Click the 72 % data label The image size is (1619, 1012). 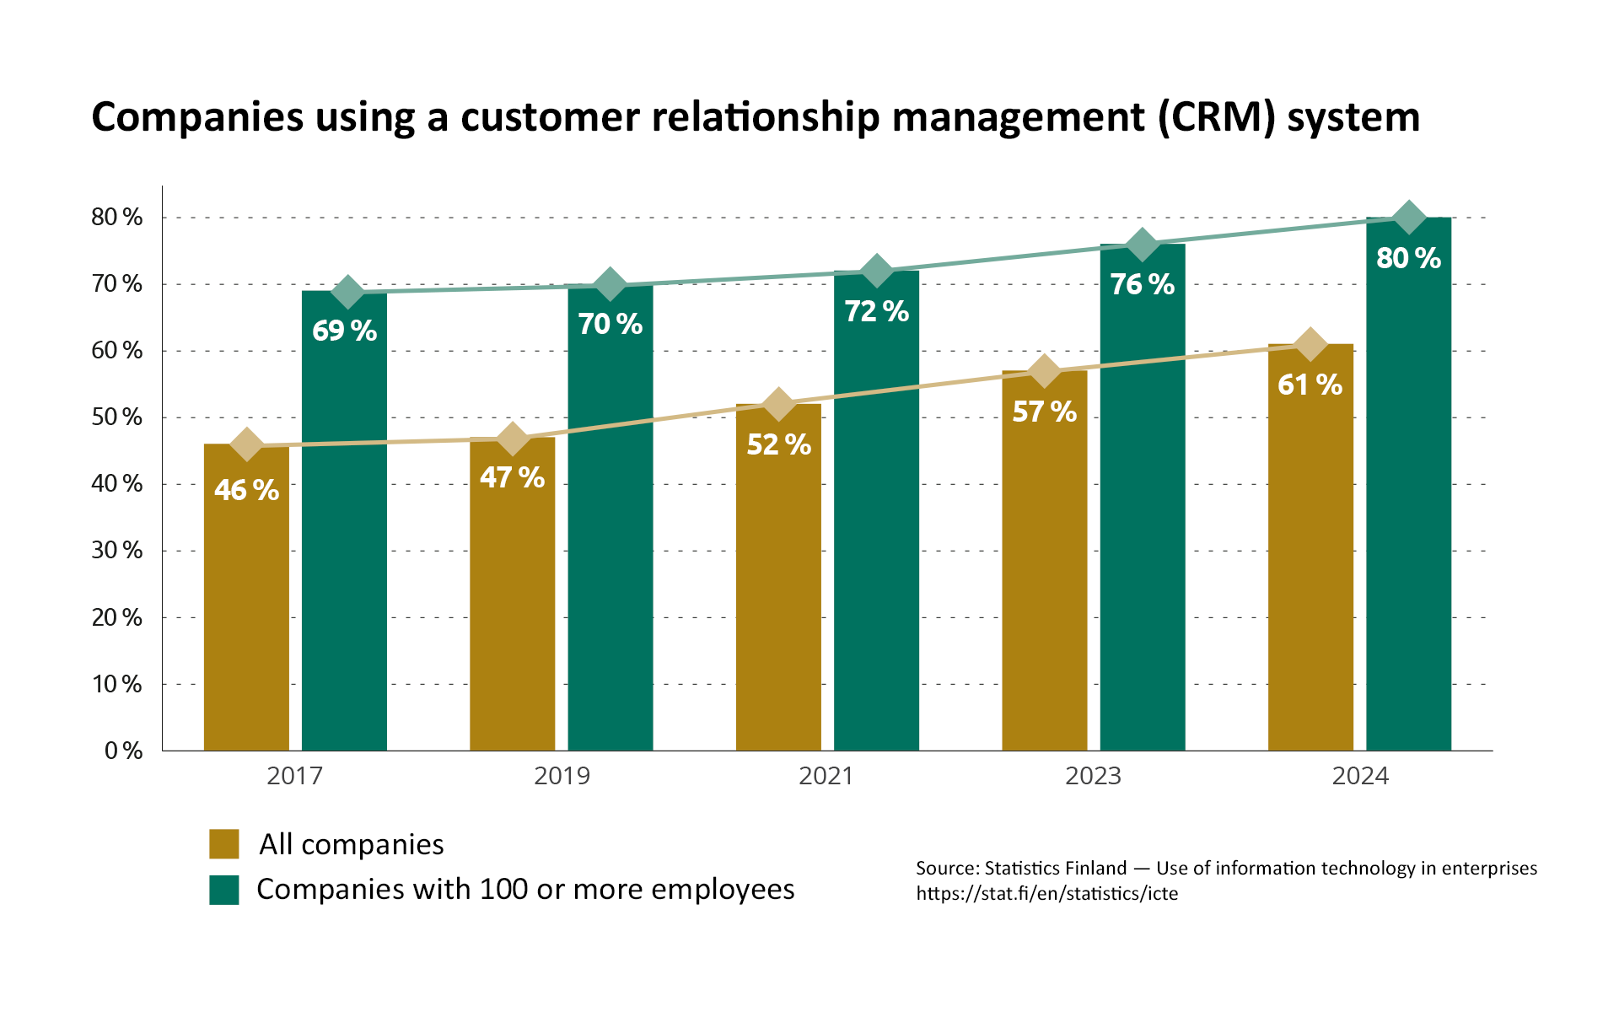click(877, 311)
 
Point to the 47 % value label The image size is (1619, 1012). click(512, 478)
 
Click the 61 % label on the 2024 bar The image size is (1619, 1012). click(1310, 385)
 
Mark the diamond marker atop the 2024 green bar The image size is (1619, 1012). click(1407, 218)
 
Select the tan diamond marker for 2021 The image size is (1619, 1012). click(777, 405)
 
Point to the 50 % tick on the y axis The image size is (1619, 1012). click(117, 417)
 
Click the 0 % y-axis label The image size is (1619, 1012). click(124, 751)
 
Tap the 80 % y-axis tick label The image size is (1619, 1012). click(117, 218)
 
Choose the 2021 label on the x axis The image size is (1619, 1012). click(826, 776)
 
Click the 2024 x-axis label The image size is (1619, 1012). click(1359, 776)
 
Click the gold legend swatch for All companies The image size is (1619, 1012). click(224, 844)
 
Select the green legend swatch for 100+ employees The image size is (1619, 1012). click(224, 890)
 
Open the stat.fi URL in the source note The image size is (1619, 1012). click(1046, 894)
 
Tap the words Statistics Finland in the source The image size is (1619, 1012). click(1055, 869)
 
